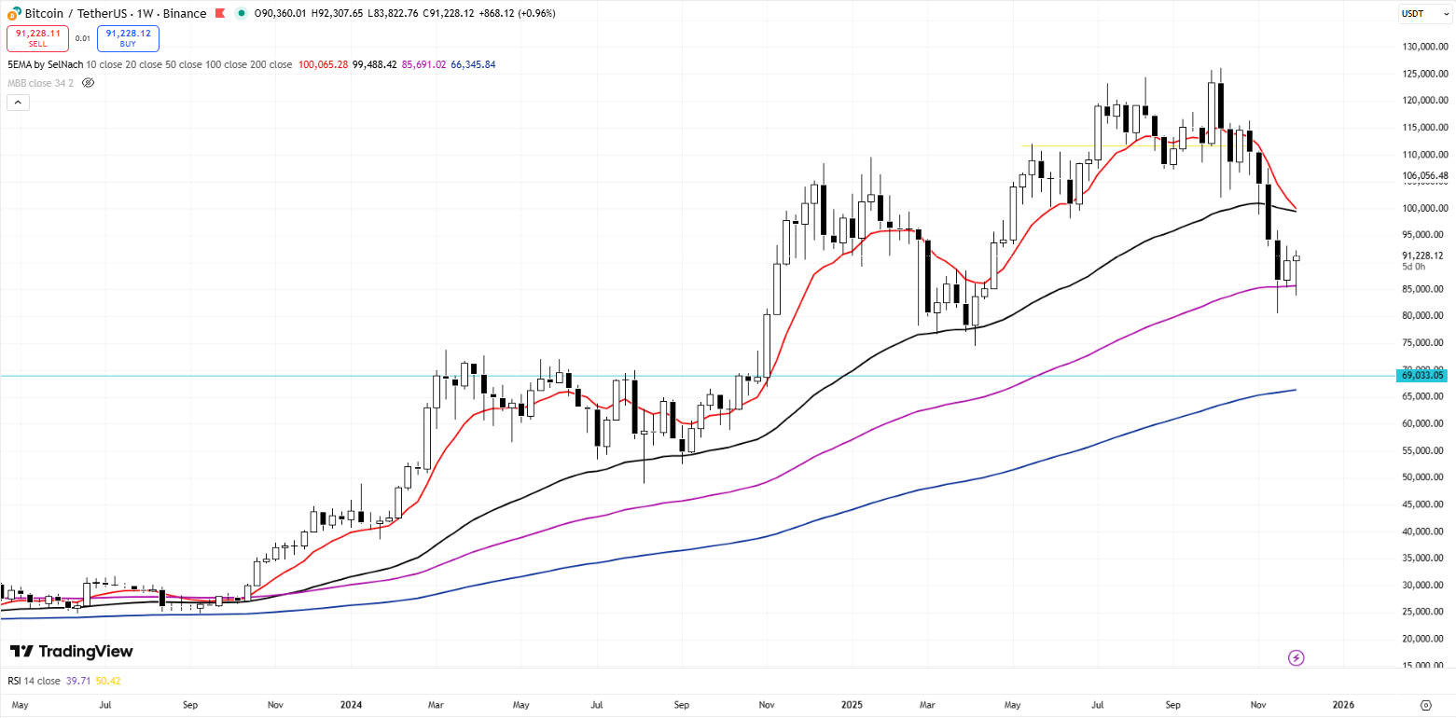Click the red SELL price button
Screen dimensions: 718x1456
click(x=37, y=37)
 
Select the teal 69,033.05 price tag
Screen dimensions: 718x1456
click(x=1422, y=375)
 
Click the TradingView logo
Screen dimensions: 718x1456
click(x=72, y=652)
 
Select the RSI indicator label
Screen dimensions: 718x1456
click(x=31, y=681)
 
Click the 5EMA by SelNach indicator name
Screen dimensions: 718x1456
click(x=44, y=64)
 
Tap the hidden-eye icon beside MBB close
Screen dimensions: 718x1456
click(x=89, y=83)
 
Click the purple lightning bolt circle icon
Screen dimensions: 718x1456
click(x=1296, y=658)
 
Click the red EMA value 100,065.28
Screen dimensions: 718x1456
click(x=323, y=64)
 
